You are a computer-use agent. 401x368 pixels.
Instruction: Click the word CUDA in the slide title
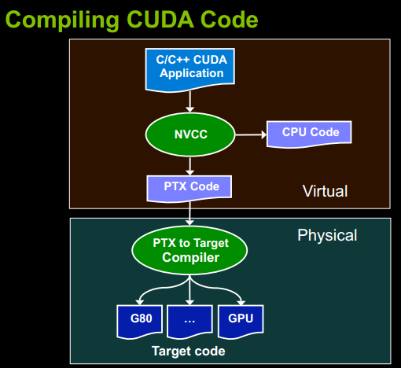pos(160,20)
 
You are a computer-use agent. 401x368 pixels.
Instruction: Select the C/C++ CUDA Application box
pos(190,69)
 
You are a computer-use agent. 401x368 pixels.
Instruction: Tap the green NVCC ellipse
pos(190,134)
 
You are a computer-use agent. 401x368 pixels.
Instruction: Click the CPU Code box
pos(309,134)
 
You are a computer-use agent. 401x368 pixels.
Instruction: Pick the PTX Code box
pos(189,188)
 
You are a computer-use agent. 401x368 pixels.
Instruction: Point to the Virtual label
pos(325,191)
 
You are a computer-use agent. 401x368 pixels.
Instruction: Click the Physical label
pos(327,235)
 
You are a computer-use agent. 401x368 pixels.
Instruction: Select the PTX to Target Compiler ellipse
pos(189,250)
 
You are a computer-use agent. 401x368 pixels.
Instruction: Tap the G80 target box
pos(140,321)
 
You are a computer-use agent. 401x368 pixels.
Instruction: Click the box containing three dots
pos(189,321)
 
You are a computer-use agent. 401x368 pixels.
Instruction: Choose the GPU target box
pos(241,321)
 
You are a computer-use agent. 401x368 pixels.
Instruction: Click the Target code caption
pos(189,351)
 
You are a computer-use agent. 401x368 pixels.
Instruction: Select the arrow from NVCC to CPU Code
pos(251,134)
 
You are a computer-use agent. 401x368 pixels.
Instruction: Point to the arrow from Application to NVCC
pos(189,102)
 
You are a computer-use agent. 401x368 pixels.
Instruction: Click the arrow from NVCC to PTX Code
pos(189,166)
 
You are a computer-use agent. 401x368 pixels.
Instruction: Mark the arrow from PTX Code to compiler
pos(189,214)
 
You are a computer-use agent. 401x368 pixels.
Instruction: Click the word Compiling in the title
pos(62,20)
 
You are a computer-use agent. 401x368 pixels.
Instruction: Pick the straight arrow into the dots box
pos(189,290)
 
